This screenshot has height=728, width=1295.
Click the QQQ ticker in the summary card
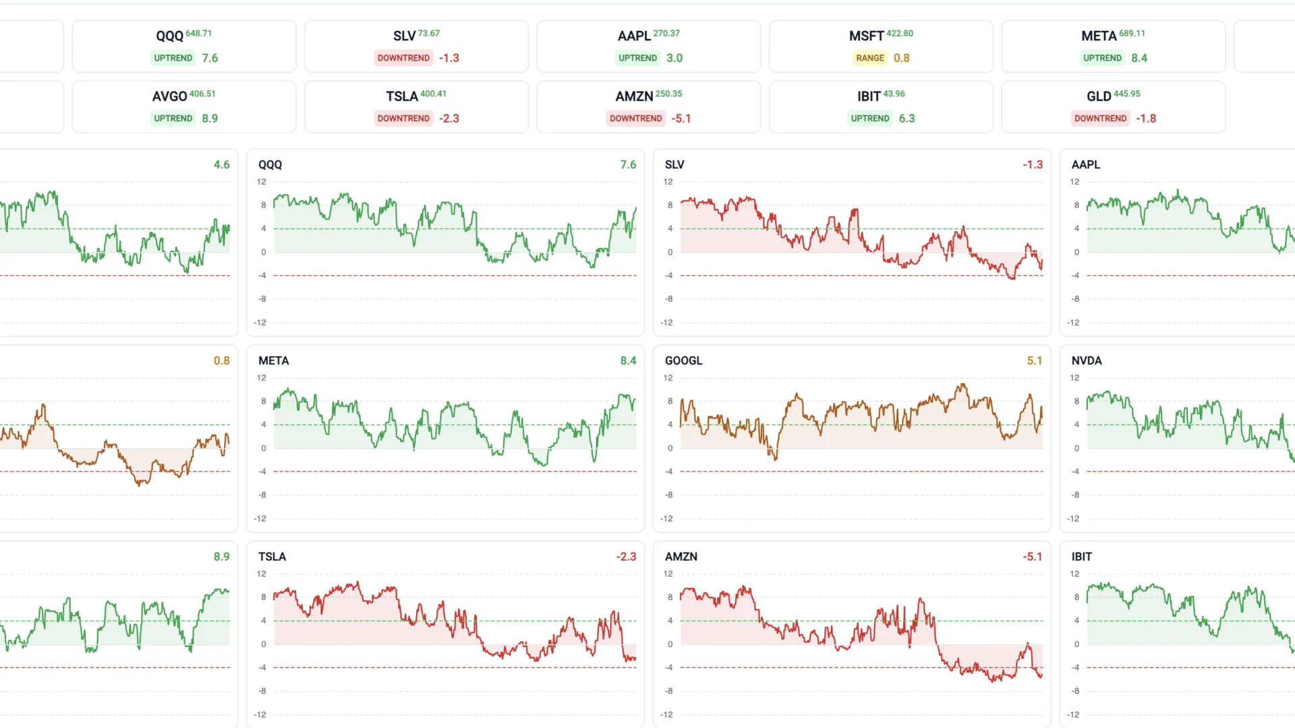tap(169, 36)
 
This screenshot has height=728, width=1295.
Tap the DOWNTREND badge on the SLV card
tap(403, 58)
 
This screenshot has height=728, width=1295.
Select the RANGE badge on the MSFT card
tap(869, 58)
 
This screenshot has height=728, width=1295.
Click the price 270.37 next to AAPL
tap(666, 33)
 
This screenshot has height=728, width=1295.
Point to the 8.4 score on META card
tap(1139, 58)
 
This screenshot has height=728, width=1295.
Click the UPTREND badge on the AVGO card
tap(173, 119)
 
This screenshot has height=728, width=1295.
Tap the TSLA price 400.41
tap(433, 94)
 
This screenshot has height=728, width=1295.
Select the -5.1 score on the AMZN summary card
tap(681, 119)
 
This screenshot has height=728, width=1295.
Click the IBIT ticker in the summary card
tap(869, 96)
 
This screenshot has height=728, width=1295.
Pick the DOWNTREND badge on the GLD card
tap(1100, 119)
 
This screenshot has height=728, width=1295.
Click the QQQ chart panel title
tap(270, 164)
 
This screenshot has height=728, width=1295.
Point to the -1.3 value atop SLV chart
tap(1032, 164)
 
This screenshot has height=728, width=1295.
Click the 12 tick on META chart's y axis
tap(262, 378)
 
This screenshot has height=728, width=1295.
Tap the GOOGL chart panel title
tap(683, 361)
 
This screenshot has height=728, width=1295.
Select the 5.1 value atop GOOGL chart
tap(1034, 361)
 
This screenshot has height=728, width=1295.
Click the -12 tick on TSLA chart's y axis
tap(260, 715)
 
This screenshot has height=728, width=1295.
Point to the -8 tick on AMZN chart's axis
tap(668, 691)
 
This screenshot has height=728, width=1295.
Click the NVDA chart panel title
tap(1086, 361)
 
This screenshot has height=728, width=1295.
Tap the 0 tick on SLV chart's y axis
tap(670, 252)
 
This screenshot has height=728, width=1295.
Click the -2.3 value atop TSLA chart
tap(625, 557)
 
